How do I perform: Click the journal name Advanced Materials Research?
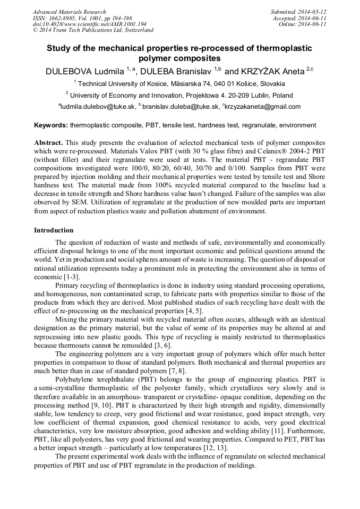(69, 12)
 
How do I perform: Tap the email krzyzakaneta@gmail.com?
(263, 107)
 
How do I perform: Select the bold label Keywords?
(51, 126)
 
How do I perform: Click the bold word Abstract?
(48, 144)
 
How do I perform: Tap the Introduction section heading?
(54, 230)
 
